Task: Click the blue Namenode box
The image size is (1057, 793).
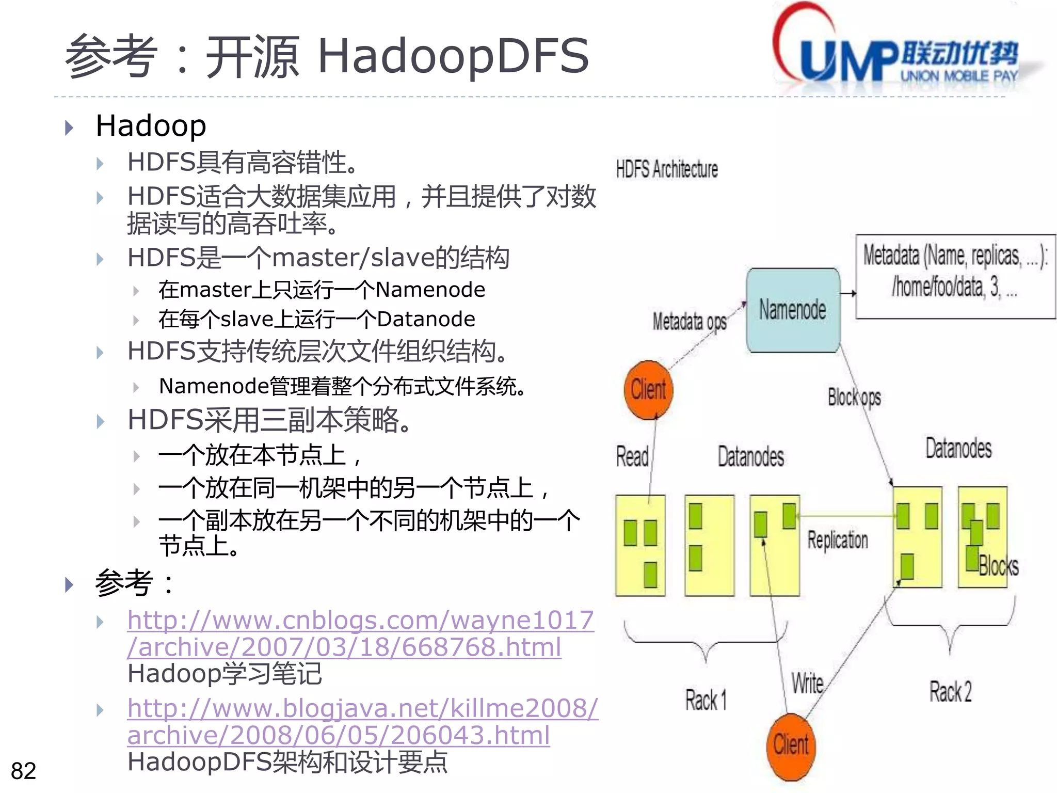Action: (793, 310)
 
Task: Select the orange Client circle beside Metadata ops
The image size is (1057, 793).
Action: (648, 389)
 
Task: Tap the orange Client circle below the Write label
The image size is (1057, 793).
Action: (791, 746)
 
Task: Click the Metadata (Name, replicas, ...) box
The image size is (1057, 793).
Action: (955, 276)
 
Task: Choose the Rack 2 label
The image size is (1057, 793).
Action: (950, 692)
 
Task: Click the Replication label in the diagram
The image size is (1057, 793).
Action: (837, 540)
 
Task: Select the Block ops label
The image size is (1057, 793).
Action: (854, 398)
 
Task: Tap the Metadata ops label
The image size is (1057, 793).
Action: (689, 322)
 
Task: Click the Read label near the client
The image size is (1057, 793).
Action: (632, 457)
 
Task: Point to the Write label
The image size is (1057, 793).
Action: (807, 684)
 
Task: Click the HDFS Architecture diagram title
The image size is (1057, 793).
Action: (667, 169)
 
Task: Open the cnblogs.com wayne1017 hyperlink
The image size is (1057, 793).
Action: (360, 633)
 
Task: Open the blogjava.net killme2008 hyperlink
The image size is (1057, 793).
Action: (362, 722)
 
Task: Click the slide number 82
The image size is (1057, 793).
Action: (23, 771)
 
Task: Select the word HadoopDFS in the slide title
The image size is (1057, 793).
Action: (453, 56)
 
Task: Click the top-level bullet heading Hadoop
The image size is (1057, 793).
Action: (151, 126)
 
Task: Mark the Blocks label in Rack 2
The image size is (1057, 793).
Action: (998, 566)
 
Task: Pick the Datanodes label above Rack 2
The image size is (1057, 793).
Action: (958, 448)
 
